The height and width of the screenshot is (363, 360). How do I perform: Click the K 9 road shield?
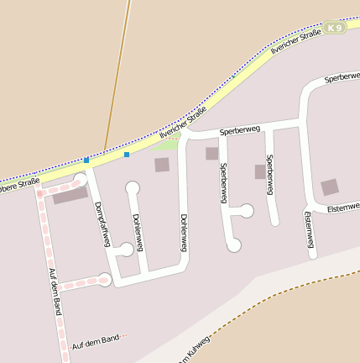[336, 28]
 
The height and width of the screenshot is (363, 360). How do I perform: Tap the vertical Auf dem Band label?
[55, 292]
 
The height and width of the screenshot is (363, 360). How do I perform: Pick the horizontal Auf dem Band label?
[97, 342]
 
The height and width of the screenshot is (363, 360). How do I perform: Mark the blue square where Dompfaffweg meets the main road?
[86, 160]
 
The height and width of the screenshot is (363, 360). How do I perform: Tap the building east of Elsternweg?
[330, 187]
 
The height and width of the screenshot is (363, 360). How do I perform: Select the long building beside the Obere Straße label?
[70, 196]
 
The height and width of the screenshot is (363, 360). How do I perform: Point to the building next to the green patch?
[161, 165]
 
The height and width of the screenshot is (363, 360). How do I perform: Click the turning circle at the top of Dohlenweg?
[132, 187]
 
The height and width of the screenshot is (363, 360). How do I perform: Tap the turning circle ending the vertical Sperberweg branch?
[234, 245]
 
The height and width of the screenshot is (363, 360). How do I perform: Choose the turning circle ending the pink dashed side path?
[104, 280]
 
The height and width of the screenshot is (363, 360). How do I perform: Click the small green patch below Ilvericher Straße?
[167, 145]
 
